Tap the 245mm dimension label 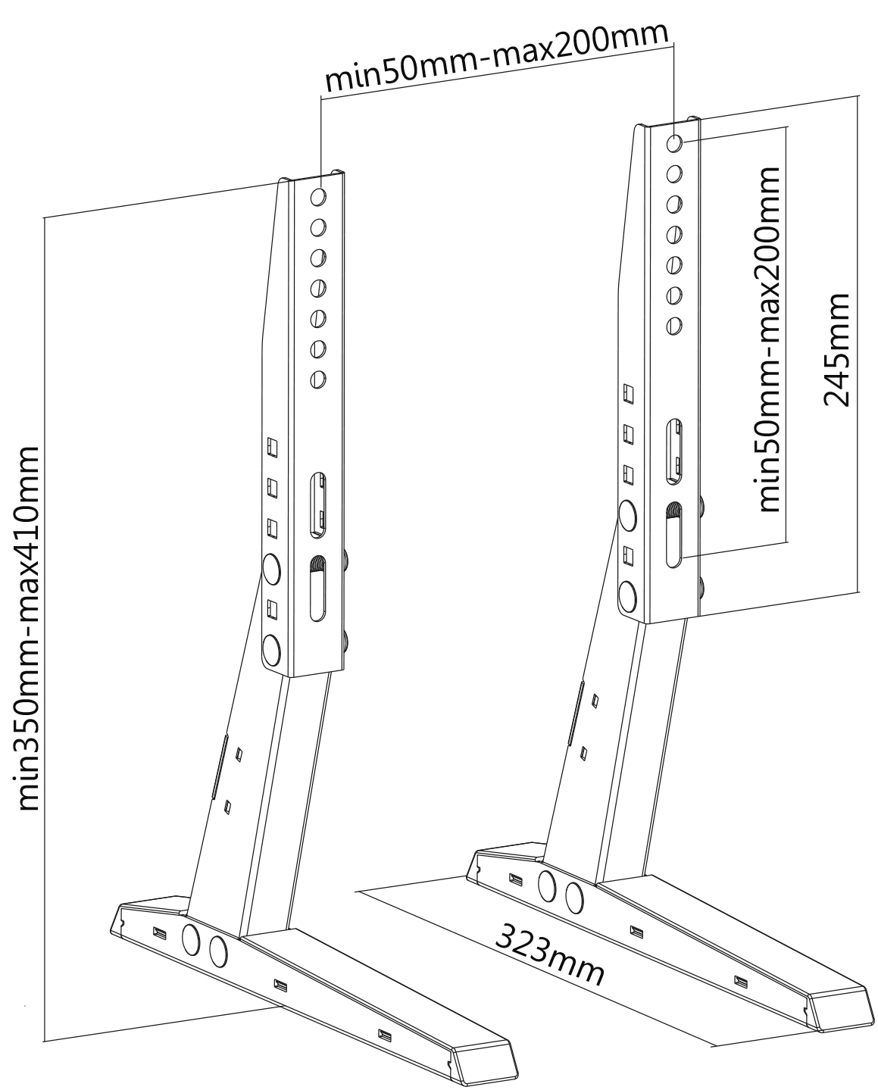pyautogui.click(x=836, y=350)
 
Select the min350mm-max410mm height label pyautogui.click(x=28, y=628)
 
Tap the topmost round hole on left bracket pyautogui.click(x=318, y=196)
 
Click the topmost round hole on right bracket pyautogui.click(x=674, y=143)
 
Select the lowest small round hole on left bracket pyautogui.click(x=317, y=379)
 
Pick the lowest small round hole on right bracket pyautogui.click(x=674, y=326)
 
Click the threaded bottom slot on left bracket pyautogui.click(x=317, y=589)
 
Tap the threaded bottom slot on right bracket pyautogui.click(x=674, y=535)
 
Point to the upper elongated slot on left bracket pyautogui.click(x=317, y=505)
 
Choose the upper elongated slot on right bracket pyautogui.click(x=674, y=451)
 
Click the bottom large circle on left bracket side pyautogui.click(x=271, y=650)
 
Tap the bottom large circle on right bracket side pyautogui.click(x=628, y=596)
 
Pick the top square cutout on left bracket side pyautogui.click(x=273, y=447)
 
